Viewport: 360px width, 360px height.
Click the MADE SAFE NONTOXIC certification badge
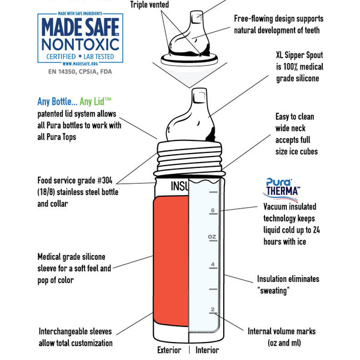coord(80,38)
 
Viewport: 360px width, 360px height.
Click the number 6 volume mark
coord(213,211)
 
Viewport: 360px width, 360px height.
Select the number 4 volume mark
coord(213,264)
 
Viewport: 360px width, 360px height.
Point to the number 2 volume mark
coord(213,309)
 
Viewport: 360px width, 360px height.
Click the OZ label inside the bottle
coord(212,237)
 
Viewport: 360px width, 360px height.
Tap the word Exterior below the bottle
coord(169,350)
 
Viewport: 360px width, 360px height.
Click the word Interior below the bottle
coord(207,350)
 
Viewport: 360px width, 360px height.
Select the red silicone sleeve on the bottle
coord(171,260)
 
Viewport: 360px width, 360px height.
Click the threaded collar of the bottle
coord(189,158)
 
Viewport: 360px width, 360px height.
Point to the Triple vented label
coord(149,5)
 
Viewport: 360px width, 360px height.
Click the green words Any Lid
coord(95,102)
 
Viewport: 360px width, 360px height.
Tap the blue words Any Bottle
coord(58,101)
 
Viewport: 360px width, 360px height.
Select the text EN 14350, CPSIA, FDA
coord(80,71)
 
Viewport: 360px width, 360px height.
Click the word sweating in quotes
coord(273,290)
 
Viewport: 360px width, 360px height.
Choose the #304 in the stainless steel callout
coord(105,181)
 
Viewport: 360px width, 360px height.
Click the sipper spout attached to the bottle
coord(191,115)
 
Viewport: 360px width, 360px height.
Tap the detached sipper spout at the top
coord(189,38)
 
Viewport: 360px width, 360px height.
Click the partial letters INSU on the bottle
coord(179,186)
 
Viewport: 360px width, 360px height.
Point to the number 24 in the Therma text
coord(316,230)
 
